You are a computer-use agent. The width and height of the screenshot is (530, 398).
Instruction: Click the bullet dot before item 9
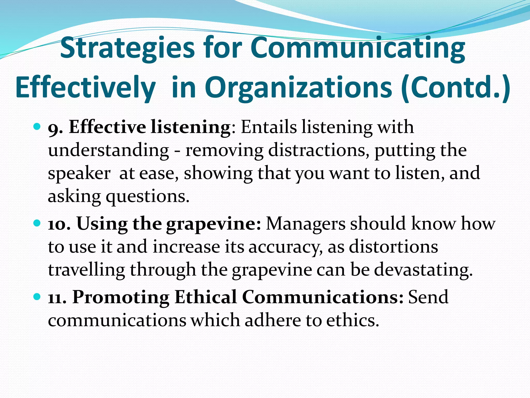(x=37, y=127)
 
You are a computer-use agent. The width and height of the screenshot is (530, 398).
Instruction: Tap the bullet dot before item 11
(x=37, y=296)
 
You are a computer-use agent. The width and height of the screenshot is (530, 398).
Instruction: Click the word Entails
(x=269, y=127)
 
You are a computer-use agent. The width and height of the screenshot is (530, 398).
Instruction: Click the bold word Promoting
(x=121, y=297)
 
